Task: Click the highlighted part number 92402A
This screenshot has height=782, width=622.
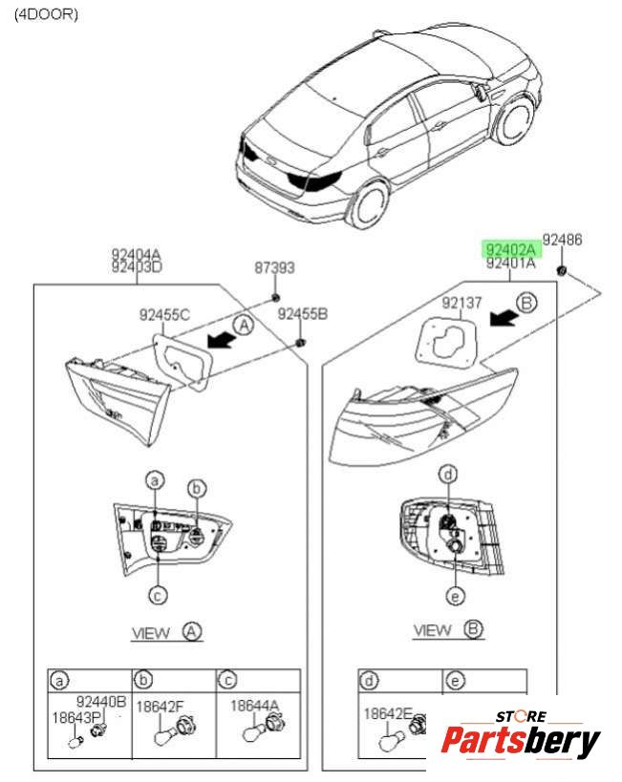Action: [511, 249]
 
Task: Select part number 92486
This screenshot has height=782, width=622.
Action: [562, 240]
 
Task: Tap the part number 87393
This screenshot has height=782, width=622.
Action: [274, 269]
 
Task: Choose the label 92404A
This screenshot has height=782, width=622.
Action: [137, 254]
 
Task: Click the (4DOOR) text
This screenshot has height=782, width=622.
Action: [46, 14]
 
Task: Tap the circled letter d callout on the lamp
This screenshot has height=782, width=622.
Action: [447, 474]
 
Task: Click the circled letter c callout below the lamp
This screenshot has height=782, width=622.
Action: [159, 595]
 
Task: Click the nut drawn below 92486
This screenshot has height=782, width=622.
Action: [563, 272]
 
